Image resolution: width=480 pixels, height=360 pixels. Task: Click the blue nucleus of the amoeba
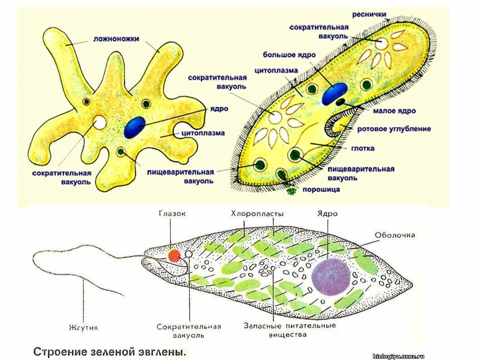pyautogui.click(x=135, y=128)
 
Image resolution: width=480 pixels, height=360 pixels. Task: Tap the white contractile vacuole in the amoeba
pyautogui.click(x=99, y=123)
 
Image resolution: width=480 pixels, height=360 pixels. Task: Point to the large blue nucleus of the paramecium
pyautogui.click(x=335, y=93)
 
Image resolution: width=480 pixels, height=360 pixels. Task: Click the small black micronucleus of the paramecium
pyautogui.click(x=340, y=103)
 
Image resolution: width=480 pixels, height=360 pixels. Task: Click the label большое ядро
pyautogui.click(x=289, y=54)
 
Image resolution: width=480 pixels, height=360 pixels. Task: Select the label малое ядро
pyautogui.click(x=394, y=111)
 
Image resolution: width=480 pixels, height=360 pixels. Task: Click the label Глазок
pyautogui.click(x=172, y=213)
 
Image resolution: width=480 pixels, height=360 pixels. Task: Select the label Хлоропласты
pyautogui.click(x=257, y=213)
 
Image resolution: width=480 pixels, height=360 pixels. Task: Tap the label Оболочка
pyautogui.click(x=395, y=235)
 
